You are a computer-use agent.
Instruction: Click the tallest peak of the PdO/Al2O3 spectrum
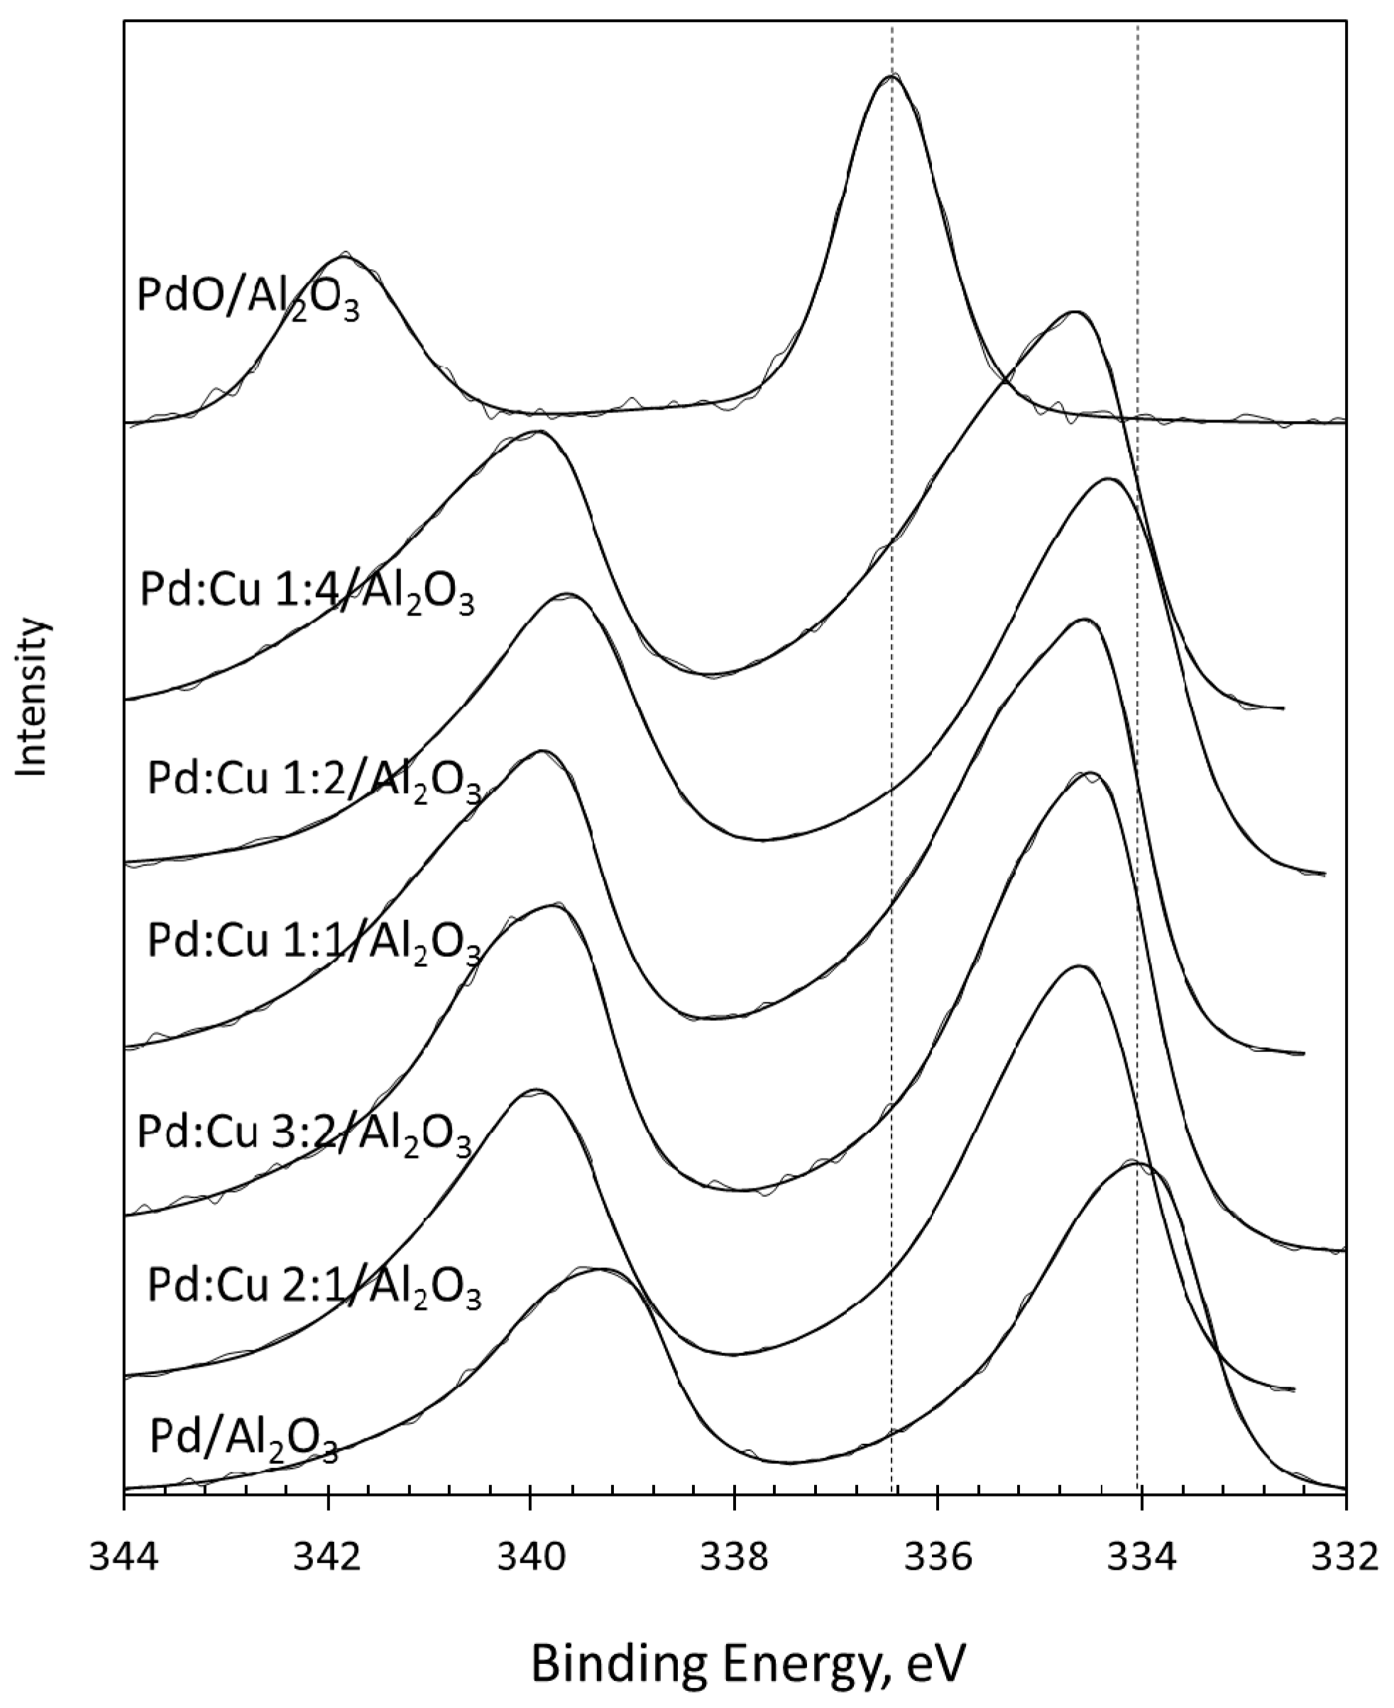pos(892,76)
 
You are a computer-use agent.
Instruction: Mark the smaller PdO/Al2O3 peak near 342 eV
pos(344,257)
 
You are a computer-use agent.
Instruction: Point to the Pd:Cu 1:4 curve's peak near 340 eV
pos(537,433)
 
